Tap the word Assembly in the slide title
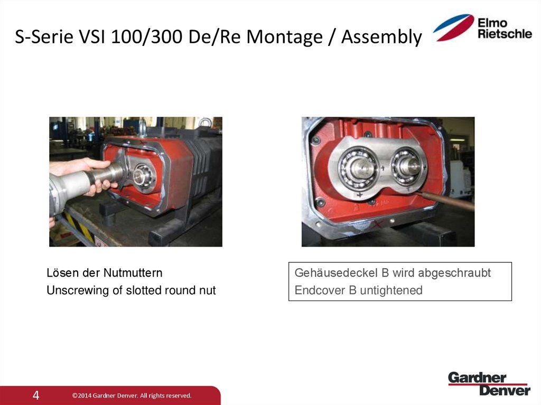pyautogui.click(x=381, y=37)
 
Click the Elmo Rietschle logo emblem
pyautogui.click(x=453, y=27)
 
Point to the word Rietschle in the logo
pyautogui.click(x=505, y=34)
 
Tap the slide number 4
pyautogui.click(x=36, y=395)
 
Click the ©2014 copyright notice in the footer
pyautogui.click(x=132, y=395)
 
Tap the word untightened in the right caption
pyautogui.click(x=391, y=290)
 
